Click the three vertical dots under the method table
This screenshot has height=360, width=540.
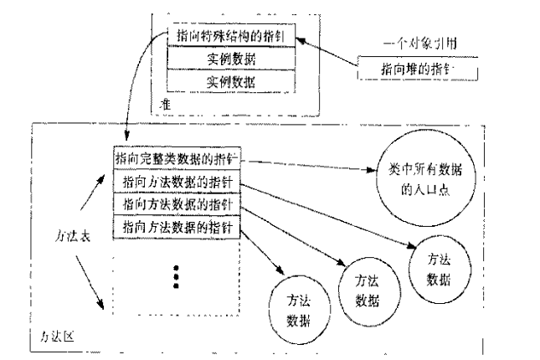point(177,274)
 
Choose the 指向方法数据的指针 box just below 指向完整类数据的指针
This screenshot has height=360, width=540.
point(176,181)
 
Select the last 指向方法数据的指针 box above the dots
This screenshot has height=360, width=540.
point(176,226)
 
